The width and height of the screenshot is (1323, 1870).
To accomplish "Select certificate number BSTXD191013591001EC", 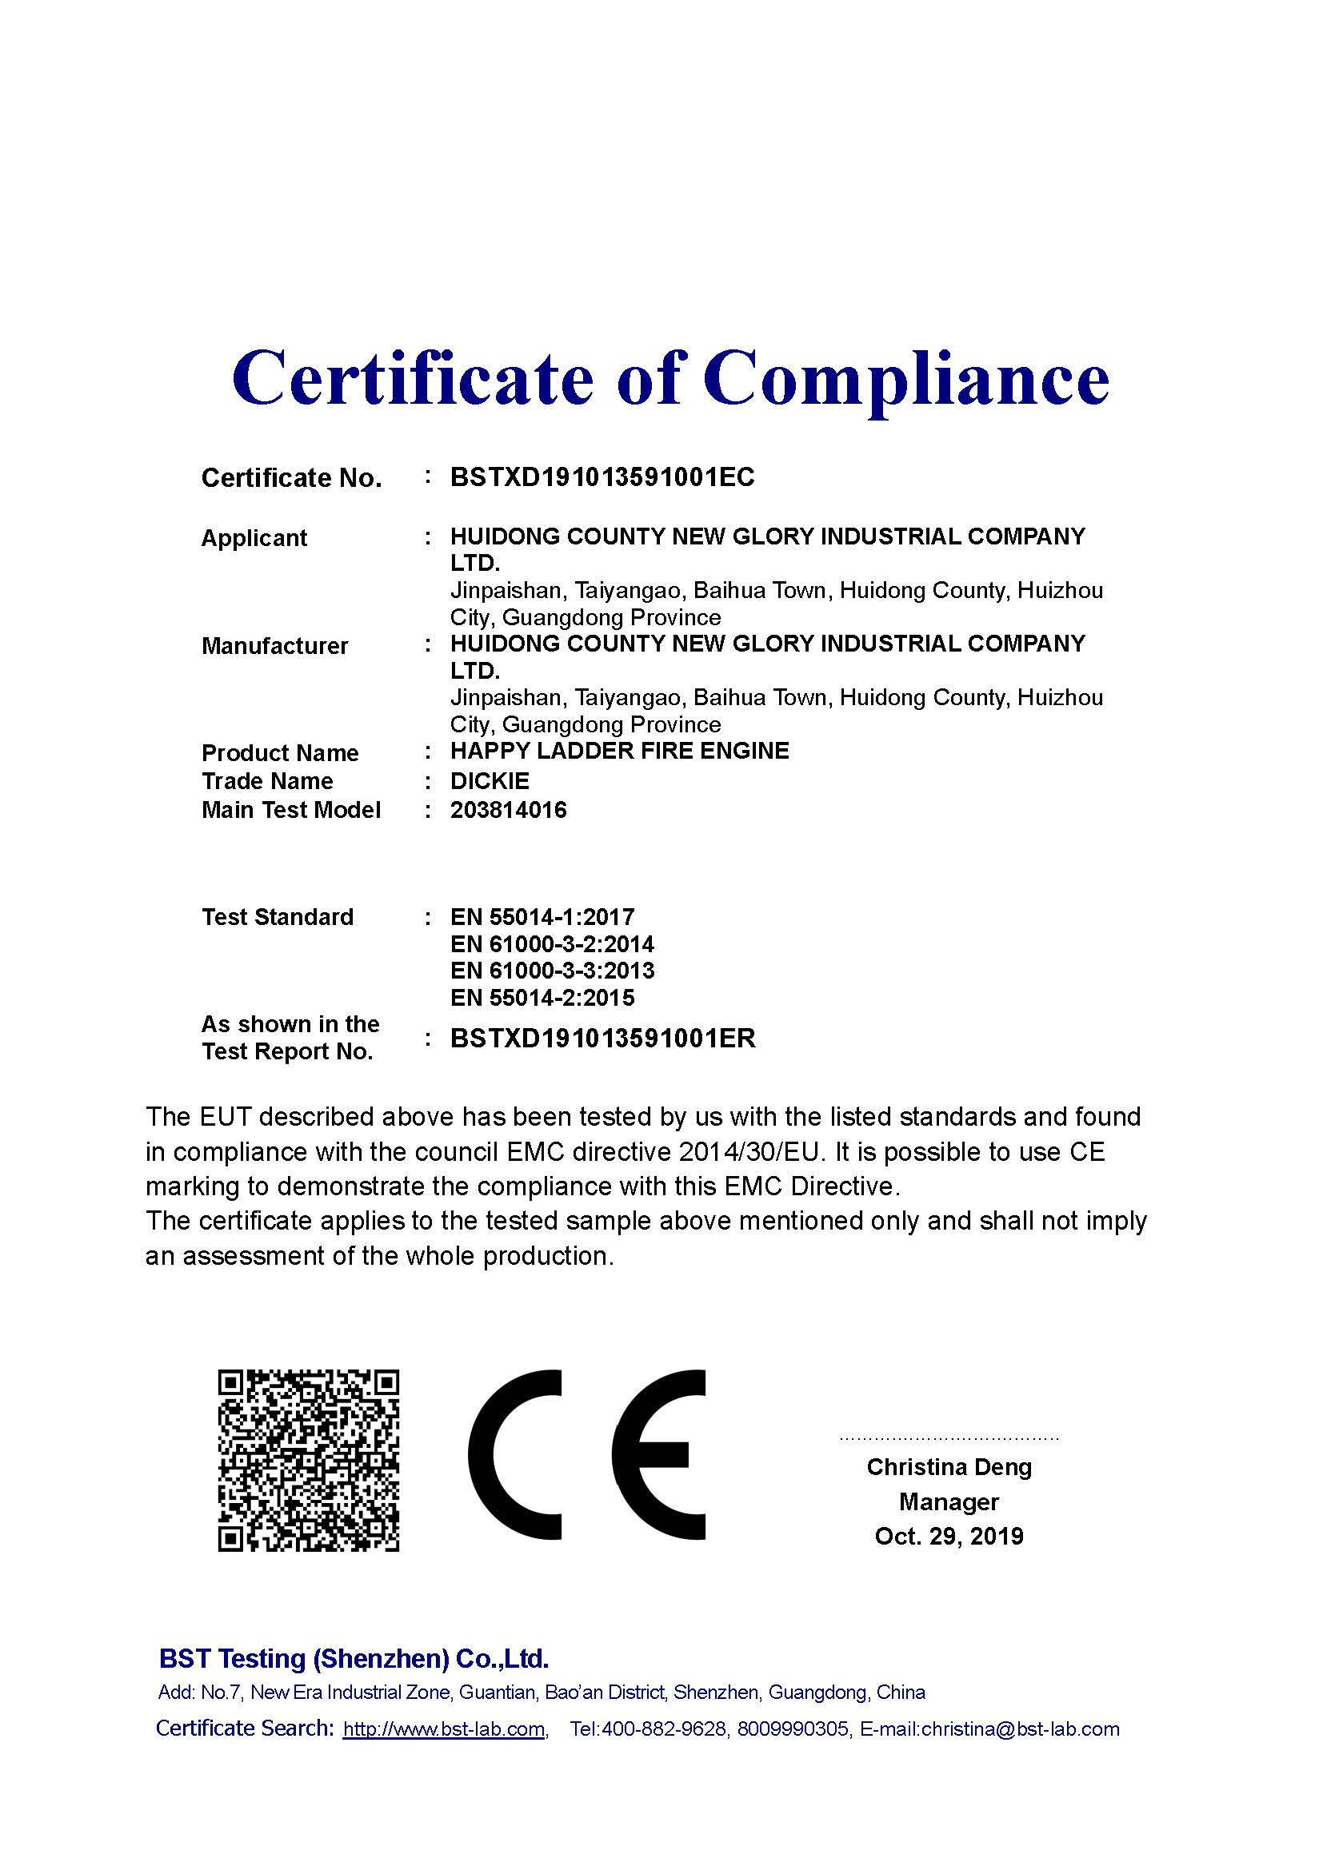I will pos(602,477).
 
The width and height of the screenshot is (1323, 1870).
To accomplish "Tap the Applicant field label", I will pos(254,538).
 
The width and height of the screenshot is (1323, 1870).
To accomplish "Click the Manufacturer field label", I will pos(274,646).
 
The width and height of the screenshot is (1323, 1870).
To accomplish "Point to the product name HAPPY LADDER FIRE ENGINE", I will pos(619,751).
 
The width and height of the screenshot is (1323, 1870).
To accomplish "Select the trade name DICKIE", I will pos(490,781).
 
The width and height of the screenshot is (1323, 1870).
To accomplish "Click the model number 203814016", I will pos(509,811).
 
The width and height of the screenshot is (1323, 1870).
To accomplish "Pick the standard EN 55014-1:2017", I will pos(542,917).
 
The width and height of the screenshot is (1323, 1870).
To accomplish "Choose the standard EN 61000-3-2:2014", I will pos(552,944).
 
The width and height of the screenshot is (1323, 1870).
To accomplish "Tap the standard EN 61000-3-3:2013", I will pos(552,971).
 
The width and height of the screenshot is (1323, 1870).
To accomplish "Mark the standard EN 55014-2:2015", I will pos(542,998).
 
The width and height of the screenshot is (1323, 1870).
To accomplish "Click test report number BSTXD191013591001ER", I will pos(603,1039).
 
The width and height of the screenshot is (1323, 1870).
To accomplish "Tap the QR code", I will pos(308,1461).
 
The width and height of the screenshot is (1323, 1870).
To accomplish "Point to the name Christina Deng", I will pos(949,1467).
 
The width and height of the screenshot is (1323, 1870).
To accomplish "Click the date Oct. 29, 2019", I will pos(949,1536).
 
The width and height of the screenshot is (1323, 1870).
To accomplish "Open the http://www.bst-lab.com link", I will pos(444,1729).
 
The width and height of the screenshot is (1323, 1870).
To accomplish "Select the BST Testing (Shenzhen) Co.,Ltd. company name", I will pos(354,1658).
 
